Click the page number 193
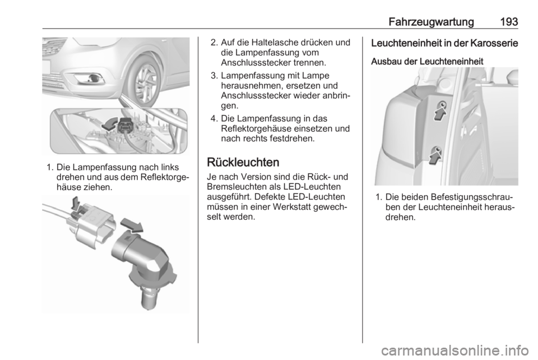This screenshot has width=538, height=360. [508, 21]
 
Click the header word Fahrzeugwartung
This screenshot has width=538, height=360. [432, 22]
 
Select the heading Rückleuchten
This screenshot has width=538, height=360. [243, 162]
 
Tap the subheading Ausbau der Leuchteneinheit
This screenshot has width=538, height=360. [427, 62]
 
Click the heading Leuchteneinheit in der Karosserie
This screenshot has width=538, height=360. [444, 44]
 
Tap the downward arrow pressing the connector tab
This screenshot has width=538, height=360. [76, 204]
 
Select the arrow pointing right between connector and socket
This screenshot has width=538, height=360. [132, 225]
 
